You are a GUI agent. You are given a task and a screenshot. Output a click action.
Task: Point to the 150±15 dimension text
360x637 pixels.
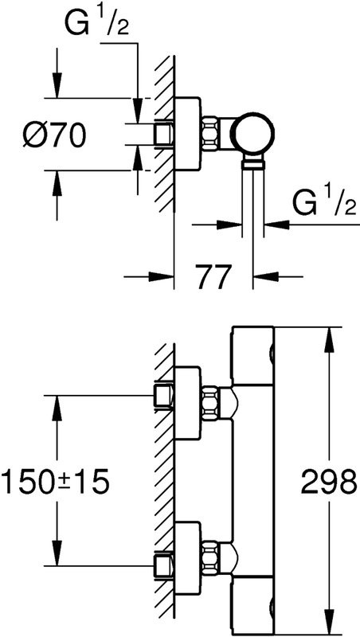point(56,480)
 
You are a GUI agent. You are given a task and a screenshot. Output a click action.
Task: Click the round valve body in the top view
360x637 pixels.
point(252,133)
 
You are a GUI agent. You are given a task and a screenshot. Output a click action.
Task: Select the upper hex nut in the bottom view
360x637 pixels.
point(209,404)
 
